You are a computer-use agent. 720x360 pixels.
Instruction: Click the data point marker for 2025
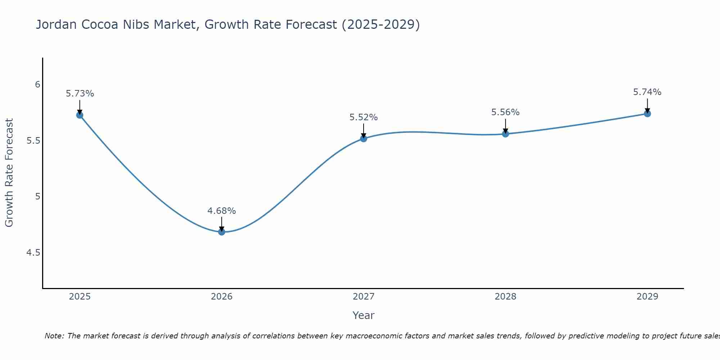pyautogui.click(x=80, y=115)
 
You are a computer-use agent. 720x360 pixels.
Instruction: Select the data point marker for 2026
pyautogui.click(x=221, y=232)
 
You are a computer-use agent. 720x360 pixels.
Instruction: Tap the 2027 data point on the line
pyautogui.click(x=364, y=139)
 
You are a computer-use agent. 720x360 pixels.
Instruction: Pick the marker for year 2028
pyautogui.click(x=505, y=134)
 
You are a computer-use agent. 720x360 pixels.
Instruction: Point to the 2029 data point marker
pyautogui.click(x=647, y=114)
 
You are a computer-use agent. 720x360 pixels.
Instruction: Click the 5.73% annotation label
pyautogui.click(x=80, y=94)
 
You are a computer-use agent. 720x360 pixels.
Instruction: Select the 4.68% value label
pyautogui.click(x=221, y=211)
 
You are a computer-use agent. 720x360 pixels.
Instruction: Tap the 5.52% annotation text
pyautogui.click(x=364, y=117)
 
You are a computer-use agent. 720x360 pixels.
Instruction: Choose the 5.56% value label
pyautogui.click(x=505, y=112)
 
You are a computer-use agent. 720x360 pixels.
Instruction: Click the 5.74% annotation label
pyautogui.click(x=647, y=92)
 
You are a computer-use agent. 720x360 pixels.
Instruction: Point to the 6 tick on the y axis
pyautogui.click(x=37, y=85)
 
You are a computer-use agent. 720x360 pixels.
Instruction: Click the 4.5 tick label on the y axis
pyautogui.click(x=33, y=253)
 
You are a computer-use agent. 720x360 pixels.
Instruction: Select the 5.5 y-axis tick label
pyautogui.click(x=33, y=141)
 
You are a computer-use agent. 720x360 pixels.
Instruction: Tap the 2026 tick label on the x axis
pyautogui.click(x=221, y=297)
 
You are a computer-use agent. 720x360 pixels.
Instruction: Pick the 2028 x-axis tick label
pyautogui.click(x=505, y=297)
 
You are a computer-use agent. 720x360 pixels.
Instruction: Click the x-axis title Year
pyautogui.click(x=364, y=315)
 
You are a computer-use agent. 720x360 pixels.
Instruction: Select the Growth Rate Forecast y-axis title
pyautogui.click(x=9, y=173)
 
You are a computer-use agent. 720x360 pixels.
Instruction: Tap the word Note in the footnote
pyautogui.click(x=54, y=336)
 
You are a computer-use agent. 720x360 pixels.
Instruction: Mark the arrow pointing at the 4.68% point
pyautogui.click(x=221, y=224)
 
